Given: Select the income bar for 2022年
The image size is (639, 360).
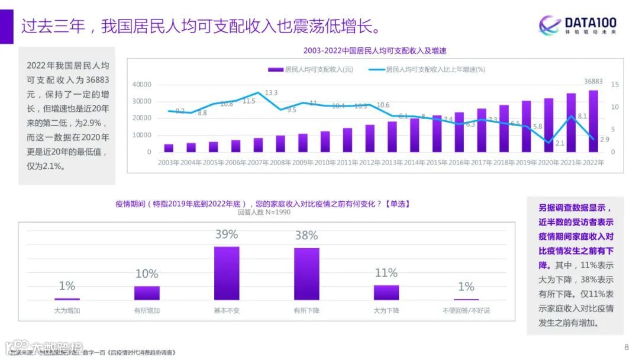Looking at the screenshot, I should click(x=593, y=121).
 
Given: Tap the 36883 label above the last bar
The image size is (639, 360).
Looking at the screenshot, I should click(x=593, y=82).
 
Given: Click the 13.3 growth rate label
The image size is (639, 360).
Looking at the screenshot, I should click(x=272, y=92).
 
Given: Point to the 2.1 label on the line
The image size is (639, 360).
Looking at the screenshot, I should click(x=560, y=143).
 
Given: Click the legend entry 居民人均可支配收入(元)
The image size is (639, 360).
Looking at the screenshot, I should click(x=311, y=69).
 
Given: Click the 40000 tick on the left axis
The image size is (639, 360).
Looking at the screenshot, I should click(x=141, y=85).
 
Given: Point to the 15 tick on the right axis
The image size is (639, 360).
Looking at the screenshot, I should click(x=615, y=85).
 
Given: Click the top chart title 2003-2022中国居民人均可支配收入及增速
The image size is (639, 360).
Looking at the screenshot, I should click(x=375, y=50).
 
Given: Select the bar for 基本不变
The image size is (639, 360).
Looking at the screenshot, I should click(x=227, y=274).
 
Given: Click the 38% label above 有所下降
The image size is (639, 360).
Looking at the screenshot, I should click(x=306, y=236).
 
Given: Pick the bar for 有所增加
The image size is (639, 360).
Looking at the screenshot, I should click(x=147, y=293).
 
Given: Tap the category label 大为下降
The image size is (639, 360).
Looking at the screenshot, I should click(x=386, y=310).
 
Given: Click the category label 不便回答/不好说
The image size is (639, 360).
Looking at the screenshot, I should click(x=466, y=310).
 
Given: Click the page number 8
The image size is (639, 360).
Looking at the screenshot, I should click(x=627, y=347).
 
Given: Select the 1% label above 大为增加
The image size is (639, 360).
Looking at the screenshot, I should click(x=67, y=286).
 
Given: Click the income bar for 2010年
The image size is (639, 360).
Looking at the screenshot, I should click(x=325, y=142).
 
